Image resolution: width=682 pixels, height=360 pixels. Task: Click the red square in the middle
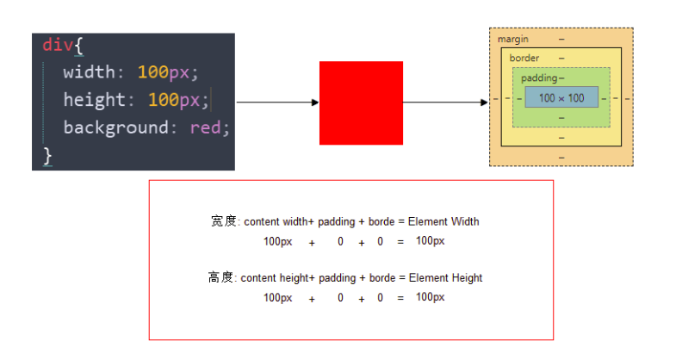361,102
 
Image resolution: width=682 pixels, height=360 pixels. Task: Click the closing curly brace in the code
47,155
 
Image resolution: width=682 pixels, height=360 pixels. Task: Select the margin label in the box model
513,40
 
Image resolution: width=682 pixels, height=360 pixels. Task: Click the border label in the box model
524,58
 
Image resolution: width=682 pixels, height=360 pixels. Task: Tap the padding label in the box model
539,78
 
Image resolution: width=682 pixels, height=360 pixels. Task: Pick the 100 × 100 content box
561,98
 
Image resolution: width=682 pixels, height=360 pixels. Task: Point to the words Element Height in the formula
445,278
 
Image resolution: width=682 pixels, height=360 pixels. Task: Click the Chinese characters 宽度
222,221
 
